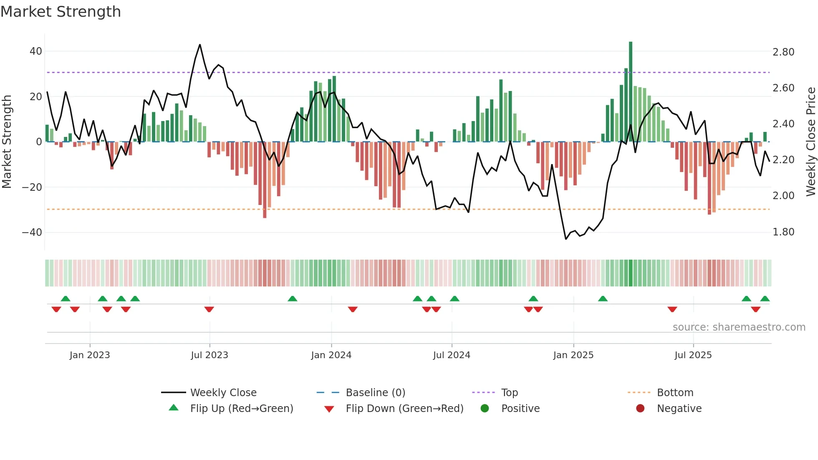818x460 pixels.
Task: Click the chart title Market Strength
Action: click(x=61, y=12)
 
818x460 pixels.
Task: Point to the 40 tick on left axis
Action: click(x=36, y=51)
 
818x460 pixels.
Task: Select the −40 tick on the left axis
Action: click(x=32, y=232)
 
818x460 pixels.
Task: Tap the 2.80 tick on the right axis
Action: click(x=783, y=52)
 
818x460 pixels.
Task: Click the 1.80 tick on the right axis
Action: click(x=783, y=232)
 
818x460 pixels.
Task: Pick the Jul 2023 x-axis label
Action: click(x=210, y=355)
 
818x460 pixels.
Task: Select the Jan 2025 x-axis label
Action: click(x=573, y=355)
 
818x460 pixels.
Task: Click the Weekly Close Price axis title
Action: click(x=810, y=142)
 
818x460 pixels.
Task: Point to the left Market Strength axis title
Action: click(x=7, y=142)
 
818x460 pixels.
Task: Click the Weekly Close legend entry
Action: click(x=223, y=393)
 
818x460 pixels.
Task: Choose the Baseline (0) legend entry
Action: click(x=375, y=393)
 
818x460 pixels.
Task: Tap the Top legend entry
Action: click(x=509, y=393)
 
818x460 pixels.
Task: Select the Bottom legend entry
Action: click(x=675, y=393)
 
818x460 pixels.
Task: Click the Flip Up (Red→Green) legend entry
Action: click(x=241, y=409)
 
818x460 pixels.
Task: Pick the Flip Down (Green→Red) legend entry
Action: click(x=404, y=409)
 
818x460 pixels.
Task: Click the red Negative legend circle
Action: click(x=640, y=408)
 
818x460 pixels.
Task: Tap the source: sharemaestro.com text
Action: click(x=739, y=327)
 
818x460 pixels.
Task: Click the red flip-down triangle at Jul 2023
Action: click(x=209, y=309)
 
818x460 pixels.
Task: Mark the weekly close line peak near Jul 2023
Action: click(x=200, y=45)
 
